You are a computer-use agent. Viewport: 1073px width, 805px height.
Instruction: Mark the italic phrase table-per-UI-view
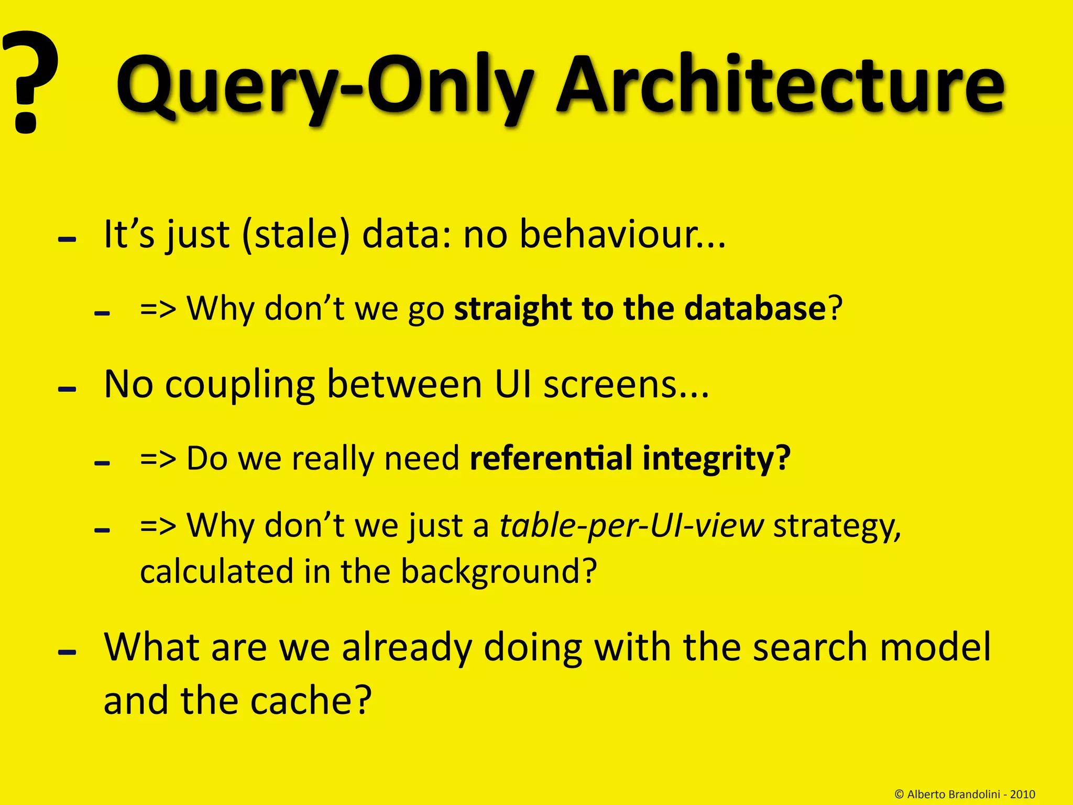[x=632, y=526]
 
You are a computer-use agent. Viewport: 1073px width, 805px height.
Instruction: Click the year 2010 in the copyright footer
[x=1023, y=795]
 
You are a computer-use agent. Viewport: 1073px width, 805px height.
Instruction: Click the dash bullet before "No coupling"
[x=68, y=390]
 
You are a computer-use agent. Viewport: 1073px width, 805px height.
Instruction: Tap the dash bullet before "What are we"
[x=68, y=652]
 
